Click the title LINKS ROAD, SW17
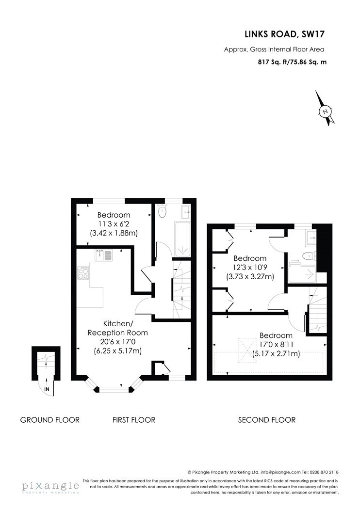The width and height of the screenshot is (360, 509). tap(285, 34)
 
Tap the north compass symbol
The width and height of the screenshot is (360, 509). tap(325, 109)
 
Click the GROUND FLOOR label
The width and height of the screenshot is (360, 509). tap(49, 420)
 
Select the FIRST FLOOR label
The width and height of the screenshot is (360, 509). tap(134, 420)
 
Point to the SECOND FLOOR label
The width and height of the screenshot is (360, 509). tap(267, 420)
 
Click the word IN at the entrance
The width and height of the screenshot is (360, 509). tap(47, 389)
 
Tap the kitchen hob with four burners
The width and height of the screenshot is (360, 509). tap(83, 272)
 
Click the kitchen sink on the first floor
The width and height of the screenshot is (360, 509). tap(104, 255)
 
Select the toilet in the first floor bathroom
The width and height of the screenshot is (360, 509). tap(162, 211)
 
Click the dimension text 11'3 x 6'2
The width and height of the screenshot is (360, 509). tap(114, 223)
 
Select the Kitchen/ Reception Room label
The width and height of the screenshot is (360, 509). tap(117, 328)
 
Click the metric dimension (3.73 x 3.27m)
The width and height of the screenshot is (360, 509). tap(250, 277)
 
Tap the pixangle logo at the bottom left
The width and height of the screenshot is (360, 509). tap(50, 487)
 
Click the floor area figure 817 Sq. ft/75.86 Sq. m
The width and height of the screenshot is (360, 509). tap(292, 62)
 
